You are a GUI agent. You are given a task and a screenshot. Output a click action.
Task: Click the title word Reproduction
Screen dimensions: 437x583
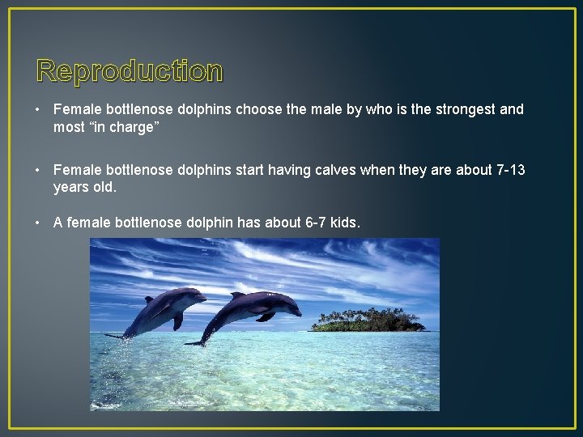[130, 71]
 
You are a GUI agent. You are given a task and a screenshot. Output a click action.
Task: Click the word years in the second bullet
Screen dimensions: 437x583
[71, 187]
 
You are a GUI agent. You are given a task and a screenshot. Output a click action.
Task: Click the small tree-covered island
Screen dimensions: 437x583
[368, 320]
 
